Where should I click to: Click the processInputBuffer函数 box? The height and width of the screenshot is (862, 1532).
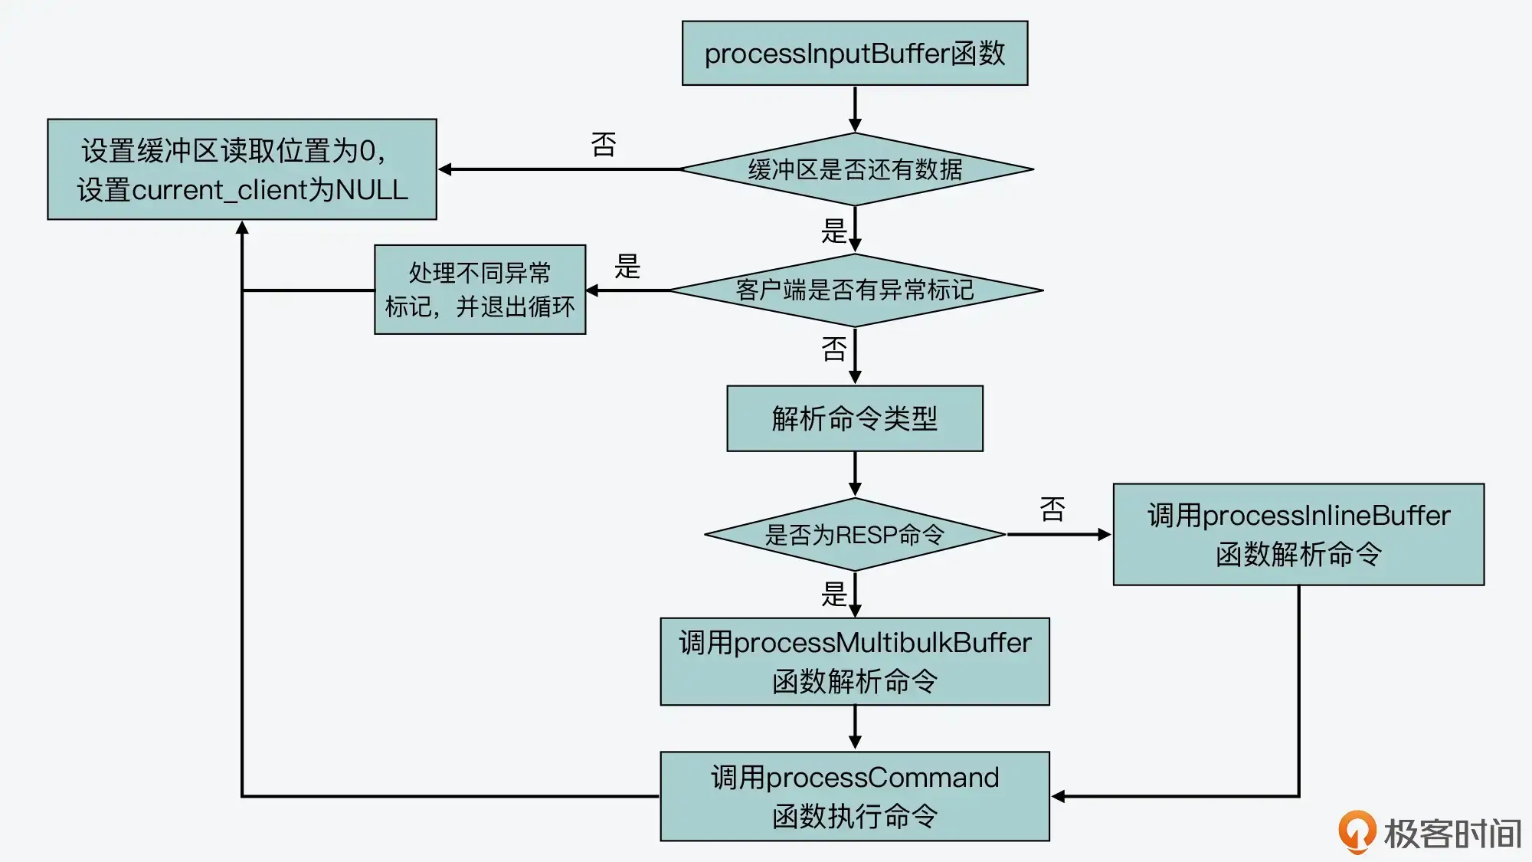pyautogui.click(x=854, y=53)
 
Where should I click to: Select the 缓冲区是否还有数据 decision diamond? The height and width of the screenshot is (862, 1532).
pyautogui.click(x=855, y=169)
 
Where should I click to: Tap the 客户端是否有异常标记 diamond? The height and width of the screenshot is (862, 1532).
pyautogui.click(x=855, y=290)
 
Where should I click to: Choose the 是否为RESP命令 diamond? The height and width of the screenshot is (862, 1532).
pyautogui.click(x=854, y=534)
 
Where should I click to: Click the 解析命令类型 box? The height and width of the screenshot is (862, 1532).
pyautogui.click(x=854, y=418)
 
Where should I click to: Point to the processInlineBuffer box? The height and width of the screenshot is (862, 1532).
pyautogui.click(x=1298, y=534)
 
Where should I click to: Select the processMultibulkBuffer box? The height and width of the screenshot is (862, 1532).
pyautogui.click(x=854, y=661)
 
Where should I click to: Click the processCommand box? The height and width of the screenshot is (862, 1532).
pyautogui.click(x=854, y=796)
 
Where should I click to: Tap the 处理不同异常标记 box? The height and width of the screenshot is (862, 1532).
pyautogui.click(x=480, y=290)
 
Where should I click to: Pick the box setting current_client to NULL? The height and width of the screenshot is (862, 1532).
pyautogui.click(x=242, y=169)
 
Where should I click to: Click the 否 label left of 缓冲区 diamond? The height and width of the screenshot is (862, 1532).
pyautogui.click(x=604, y=144)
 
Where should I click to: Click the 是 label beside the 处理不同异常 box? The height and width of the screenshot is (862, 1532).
pyautogui.click(x=627, y=267)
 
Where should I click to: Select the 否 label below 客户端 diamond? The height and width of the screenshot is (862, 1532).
pyautogui.click(x=834, y=349)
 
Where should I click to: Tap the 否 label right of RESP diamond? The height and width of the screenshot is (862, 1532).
pyautogui.click(x=1052, y=510)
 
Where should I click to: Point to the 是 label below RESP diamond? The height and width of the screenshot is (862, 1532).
pyautogui.click(x=834, y=594)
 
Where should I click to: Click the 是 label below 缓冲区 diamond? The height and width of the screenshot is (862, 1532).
pyautogui.click(x=834, y=231)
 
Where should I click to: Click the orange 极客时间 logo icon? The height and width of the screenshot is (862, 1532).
pyautogui.click(x=1357, y=831)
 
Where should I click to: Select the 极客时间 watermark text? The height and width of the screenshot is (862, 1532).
pyautogui.click(x=1452, y=834)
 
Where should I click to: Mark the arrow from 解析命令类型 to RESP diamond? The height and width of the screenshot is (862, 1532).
pyautogui.click(x=855, y=474)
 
